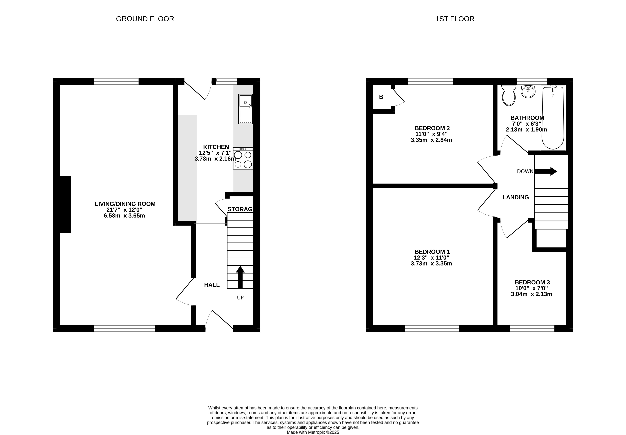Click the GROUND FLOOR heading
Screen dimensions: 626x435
point(145,19)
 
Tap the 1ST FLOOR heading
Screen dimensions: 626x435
point(455,19)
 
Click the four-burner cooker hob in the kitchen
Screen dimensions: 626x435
point(243,158)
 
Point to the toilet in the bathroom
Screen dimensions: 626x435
point(509,95)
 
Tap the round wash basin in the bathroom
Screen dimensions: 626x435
point(528,92)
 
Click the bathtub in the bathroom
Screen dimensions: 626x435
point(553,117)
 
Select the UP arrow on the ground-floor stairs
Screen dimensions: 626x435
point(240,277)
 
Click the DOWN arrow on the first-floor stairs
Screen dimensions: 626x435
point(546,171)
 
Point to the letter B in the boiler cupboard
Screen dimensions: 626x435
point(381,97)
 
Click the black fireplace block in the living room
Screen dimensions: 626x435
point(65,204)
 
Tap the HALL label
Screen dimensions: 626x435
point(212,285)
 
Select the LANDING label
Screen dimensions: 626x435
point(515,197)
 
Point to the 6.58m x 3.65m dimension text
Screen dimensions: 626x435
point(124,216)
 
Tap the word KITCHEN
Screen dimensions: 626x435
point(216,147)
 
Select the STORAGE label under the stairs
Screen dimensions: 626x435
point(241,209)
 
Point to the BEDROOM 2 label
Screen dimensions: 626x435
point(432,128)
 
